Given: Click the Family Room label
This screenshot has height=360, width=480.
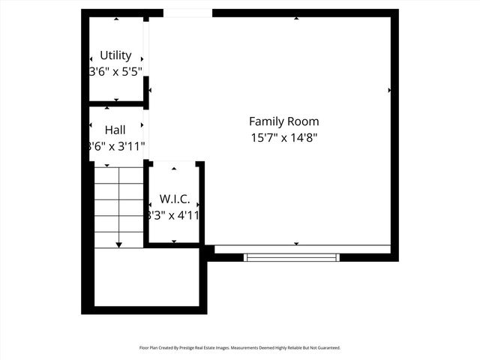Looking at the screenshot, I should (283, 121).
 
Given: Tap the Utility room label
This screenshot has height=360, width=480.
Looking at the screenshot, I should (115, 55).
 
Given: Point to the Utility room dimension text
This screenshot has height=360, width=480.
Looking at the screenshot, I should (115, 71).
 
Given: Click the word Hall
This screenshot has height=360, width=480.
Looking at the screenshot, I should (115, 130).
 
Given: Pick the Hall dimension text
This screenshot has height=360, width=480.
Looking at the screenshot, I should (116, 146).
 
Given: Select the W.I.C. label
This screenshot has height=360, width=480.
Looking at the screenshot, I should (174, 199).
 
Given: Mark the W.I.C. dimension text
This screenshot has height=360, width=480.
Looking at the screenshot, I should (174, 215).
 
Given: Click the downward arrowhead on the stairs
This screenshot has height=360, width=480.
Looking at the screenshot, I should (118, 244).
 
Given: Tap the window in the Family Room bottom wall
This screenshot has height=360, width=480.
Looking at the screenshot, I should (292, 257).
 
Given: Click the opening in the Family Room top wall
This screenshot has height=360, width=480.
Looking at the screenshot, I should (187, 13).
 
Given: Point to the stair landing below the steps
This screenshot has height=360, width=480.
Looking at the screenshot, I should (146, 277).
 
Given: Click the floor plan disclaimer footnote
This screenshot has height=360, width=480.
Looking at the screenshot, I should (240, 348).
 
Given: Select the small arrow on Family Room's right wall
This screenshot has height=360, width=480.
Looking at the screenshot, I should (389, 90).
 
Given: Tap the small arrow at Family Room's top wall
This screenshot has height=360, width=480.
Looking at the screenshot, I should (296, 18).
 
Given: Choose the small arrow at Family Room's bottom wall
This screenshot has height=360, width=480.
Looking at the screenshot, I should (296, 244).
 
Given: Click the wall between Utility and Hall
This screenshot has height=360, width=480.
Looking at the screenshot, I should (116, 103).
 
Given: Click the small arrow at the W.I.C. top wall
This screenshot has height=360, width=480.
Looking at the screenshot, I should (174, 169).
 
